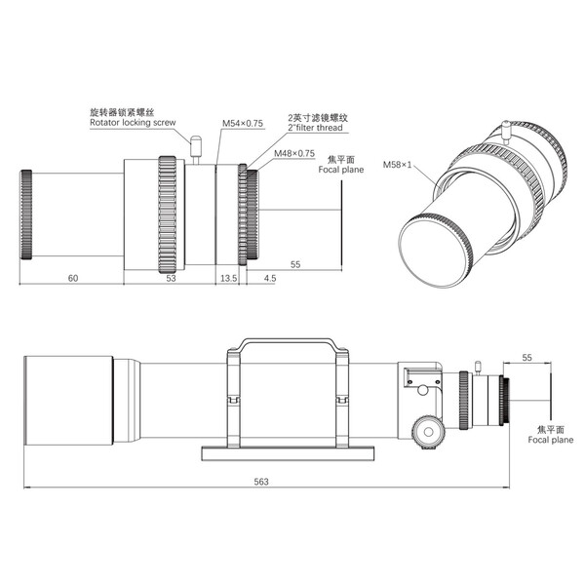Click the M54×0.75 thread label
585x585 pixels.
[241, 124]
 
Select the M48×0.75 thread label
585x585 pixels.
[293, 153]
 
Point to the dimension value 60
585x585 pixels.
[73, 279]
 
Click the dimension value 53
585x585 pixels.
[171, 279]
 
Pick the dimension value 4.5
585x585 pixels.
[270, 279]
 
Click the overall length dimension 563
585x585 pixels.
[260, 482]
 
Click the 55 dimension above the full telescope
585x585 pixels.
[526, 359]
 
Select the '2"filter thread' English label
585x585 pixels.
[318, 128]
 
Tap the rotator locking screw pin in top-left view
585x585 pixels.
[195, 148]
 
